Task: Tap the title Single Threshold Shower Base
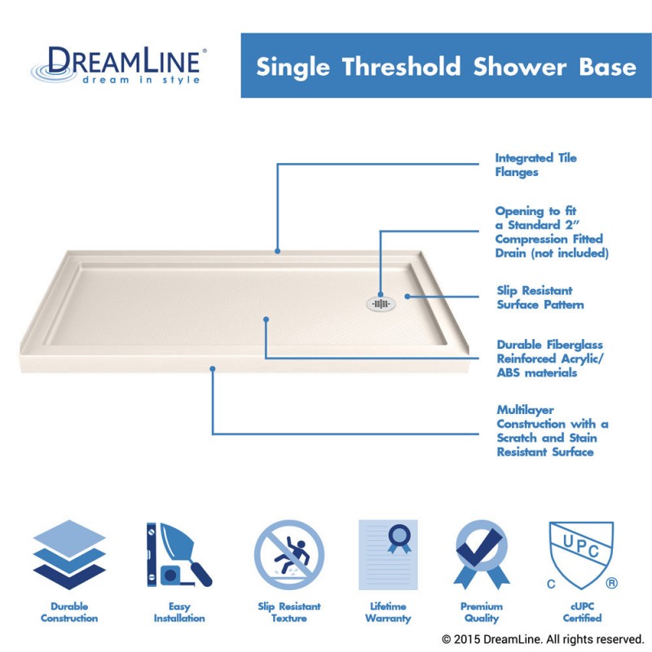point(446,66)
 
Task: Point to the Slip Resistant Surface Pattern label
point(540,297)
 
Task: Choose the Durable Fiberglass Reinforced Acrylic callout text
point(549,359)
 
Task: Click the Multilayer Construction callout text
point(552,431)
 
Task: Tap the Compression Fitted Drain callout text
point(551,232)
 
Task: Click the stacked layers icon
point(69,555)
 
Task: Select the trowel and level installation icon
point(178,555)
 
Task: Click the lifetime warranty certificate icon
point(388,555)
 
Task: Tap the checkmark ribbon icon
point(481,555)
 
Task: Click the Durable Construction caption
point(69,612)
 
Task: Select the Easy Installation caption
point(179,612)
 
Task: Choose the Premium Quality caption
point(481,612)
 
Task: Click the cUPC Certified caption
point(581,612)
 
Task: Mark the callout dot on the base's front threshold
point(213,369)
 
